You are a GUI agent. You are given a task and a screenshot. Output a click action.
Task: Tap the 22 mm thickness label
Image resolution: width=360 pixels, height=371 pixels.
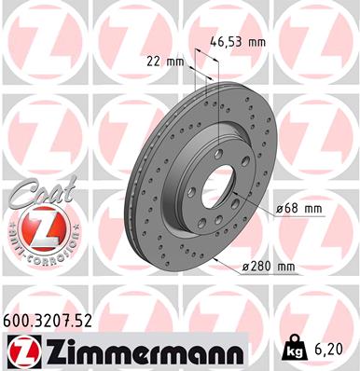(x=167, y=62)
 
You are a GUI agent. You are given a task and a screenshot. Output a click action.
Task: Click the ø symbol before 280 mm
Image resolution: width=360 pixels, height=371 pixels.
(x=245, y=268)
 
